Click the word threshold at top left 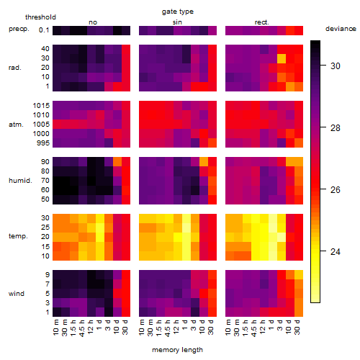click(40, 17)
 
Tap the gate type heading click(178, 12)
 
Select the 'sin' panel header click(177, 22)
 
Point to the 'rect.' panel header click(261, 22)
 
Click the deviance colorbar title click(341, 29)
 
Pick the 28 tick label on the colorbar click(336, 128)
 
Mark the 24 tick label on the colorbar click(336, 252)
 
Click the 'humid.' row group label click(20, 181)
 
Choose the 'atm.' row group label click(16, 125)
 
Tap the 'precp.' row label click(19, 29)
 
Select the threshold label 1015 click(41, 106)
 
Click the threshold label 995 click(43, 143)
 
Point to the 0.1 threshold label click(44, 30)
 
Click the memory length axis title click(177, 350)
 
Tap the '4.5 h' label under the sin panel click(168, 328)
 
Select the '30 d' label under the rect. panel click(297, 327)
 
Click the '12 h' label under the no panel click(90, 327)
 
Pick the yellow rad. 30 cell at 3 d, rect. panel click(282, 58)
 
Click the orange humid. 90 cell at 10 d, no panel click(117, 162)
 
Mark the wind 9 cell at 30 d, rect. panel click(299, 275)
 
